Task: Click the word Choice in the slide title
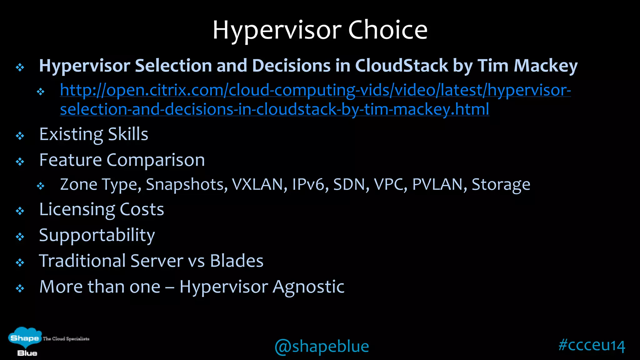tap(387, 30)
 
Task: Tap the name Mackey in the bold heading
tap(546, 66)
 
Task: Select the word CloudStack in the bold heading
tap(402, 66)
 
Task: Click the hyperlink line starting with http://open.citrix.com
tap(315, 90)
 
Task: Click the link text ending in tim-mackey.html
tap(274, 109)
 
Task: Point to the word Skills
tap(128, 134)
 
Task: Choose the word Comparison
tap(156, 160)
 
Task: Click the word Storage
tap(501, 184)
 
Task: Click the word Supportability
tap(97, 235)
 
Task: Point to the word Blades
tap(237, 261)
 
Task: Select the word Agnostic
tap(308, 287)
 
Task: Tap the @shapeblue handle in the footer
tap(322, 346)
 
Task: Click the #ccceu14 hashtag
tap(592, 345)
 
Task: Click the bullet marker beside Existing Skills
tap(20, 136)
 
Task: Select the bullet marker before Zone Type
tap(41, 186)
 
